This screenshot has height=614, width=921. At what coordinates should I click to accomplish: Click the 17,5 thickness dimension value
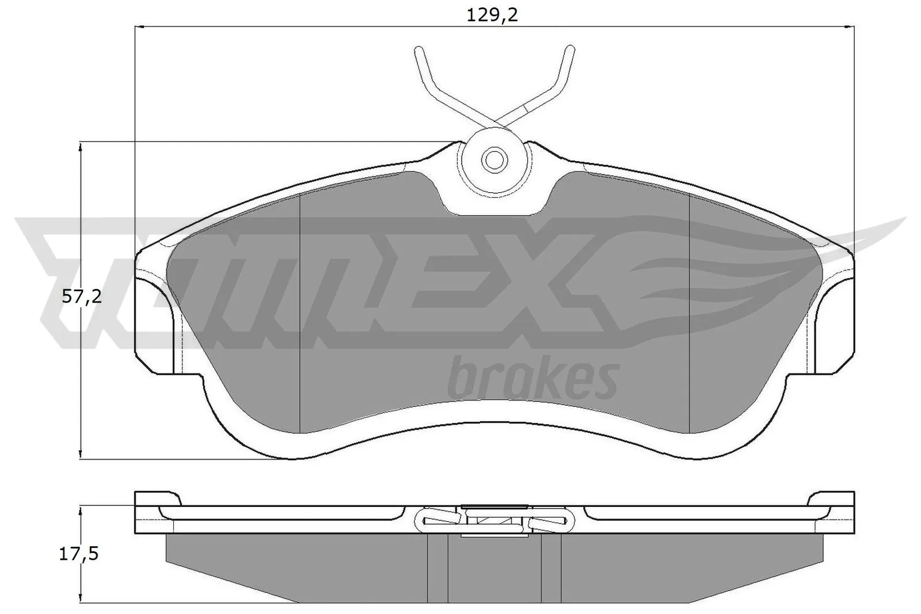pos(79,554)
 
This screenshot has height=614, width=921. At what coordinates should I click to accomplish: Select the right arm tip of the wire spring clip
pos(570,49)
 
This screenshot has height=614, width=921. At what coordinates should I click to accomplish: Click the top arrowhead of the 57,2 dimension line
pos(81,147)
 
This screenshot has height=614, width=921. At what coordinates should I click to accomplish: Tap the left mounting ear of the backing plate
pos(154,322)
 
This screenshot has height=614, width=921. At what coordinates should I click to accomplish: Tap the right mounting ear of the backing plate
pos(835,322)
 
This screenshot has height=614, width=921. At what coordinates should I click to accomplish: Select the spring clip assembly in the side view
pos(494,521)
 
